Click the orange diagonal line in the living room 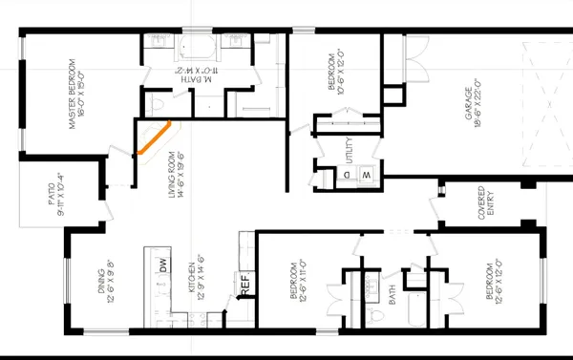coord(153,138)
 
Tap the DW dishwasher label coord(163,268)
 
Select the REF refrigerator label coord(244,284)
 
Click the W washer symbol coord(367,176)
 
